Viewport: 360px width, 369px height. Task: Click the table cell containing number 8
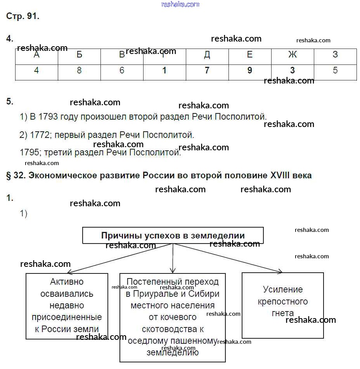[79, 70]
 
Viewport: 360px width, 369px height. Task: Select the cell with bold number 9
[250, 70]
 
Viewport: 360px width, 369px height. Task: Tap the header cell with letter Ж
[292, 55]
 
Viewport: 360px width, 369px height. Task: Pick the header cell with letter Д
[207, 55]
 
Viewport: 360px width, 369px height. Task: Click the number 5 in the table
[335, 70]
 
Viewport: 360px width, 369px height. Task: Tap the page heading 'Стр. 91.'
[23, 17]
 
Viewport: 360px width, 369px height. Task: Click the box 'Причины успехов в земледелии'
[173, 235]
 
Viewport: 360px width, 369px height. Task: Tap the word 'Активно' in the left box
[67, 282]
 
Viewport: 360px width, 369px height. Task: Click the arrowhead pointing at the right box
[280, 271]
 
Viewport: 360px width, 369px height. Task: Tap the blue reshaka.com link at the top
[180, 4]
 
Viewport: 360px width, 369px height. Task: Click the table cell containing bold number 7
[207, 70]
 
